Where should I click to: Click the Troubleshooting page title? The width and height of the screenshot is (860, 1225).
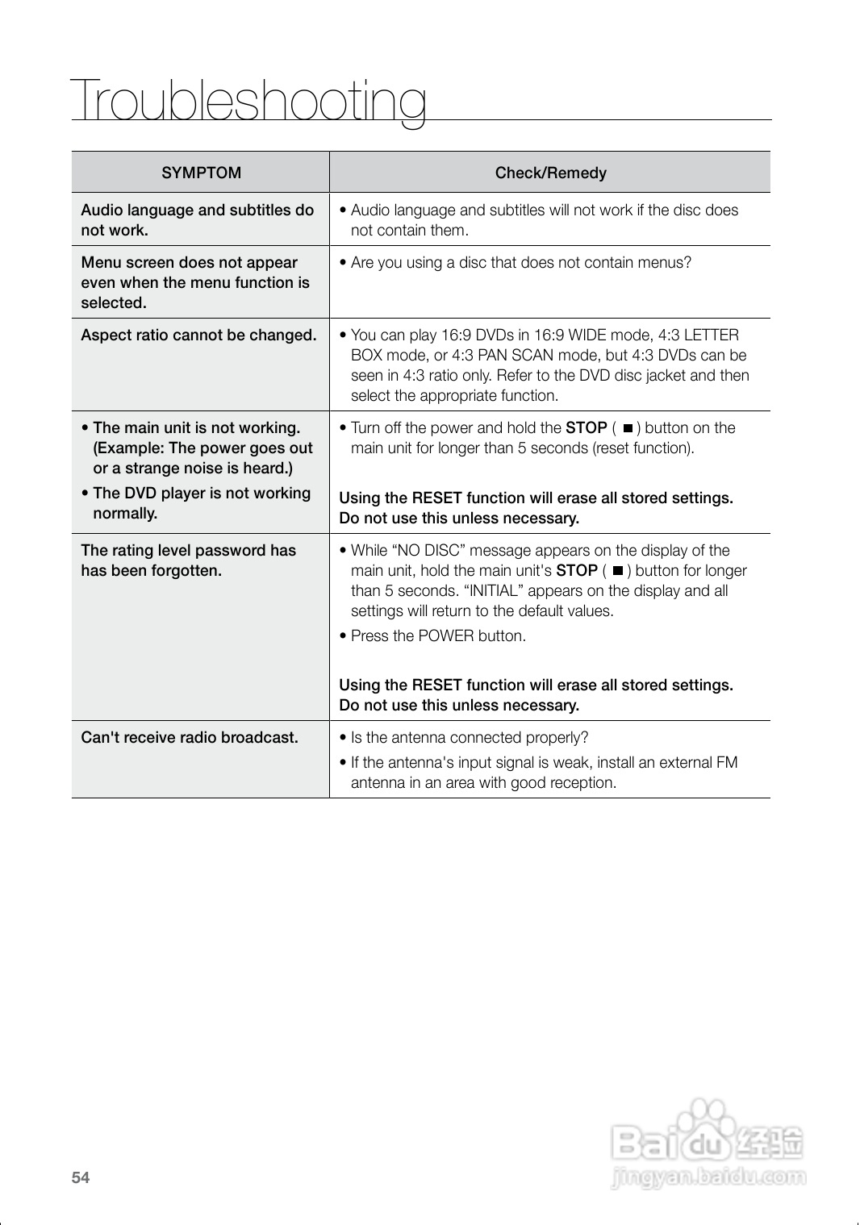248,103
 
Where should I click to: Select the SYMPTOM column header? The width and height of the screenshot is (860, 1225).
201,173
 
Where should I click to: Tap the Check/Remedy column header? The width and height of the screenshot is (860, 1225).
550,173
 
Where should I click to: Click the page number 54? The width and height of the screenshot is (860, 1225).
81,1177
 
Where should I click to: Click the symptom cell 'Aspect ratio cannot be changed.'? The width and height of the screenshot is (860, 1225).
198,335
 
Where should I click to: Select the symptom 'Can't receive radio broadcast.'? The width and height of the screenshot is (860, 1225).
190,737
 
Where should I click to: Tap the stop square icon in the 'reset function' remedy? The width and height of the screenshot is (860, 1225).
628,428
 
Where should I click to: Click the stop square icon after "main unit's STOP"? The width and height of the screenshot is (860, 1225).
617,571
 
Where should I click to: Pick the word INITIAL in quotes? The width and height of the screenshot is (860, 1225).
493,591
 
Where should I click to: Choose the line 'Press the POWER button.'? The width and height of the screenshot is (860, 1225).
438,636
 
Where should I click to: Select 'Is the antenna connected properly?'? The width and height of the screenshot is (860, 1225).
469,737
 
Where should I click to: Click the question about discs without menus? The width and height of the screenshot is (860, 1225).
520,263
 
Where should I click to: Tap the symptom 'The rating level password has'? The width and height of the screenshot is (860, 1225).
188,551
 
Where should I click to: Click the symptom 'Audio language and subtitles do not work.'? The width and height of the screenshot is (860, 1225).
197,220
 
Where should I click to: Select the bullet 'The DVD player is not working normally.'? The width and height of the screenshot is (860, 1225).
201,503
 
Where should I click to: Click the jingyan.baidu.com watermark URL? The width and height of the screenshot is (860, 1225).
709,1177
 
